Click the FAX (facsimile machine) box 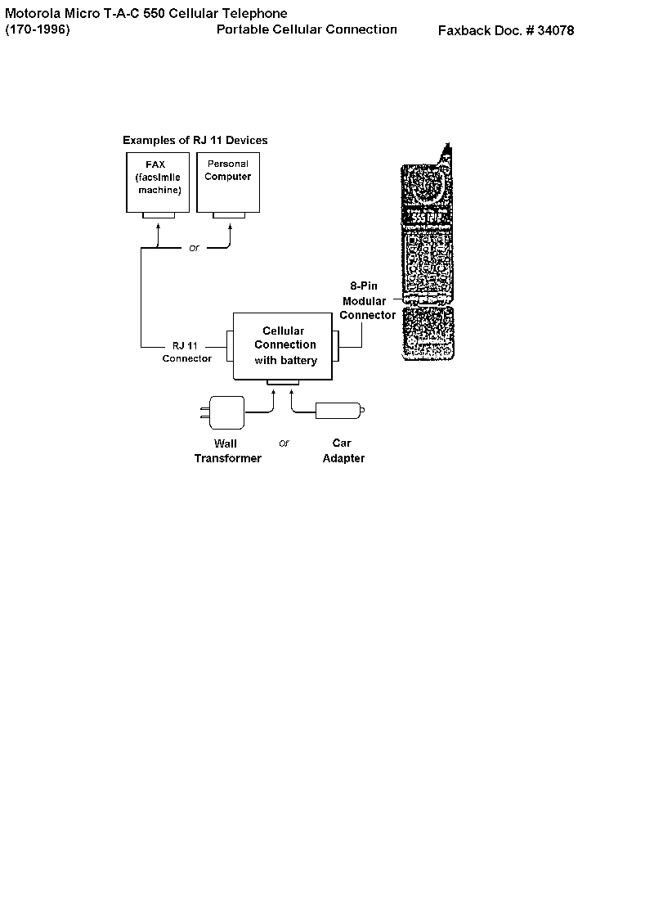pyautogui.click(x=158, y=182)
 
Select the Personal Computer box pyautogui.click(x=228, y=182)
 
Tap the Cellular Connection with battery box pyautogui.click(x=283, y=346)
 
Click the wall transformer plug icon pyautogui.click(x=222, y=412)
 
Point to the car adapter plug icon pyautogui.click(x=339, y=411)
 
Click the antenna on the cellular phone pyautogui.click(x=446, y=154)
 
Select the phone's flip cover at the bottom pyautogui.click(x=428, y=334)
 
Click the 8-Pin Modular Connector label pyautogui.click(x=367, y=300)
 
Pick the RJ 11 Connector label pyautogui.click(x=187, y=352)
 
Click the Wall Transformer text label pyautogui.click(x=228, y=451)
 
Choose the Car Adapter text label pyautogui.click(x=343, y=451)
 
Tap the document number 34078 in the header pyautogui.click(x=555, y=30)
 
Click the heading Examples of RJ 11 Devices pyautogui.click(x=195, y=140)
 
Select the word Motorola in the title pyautogui.click(x=33, y=13)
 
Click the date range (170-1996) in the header pyautogui.click(x=38, y=29)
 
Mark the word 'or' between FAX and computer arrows pyautogui.click(x=194, y=248)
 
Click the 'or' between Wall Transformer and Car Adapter pyautogui.click(x=284, y=443)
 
